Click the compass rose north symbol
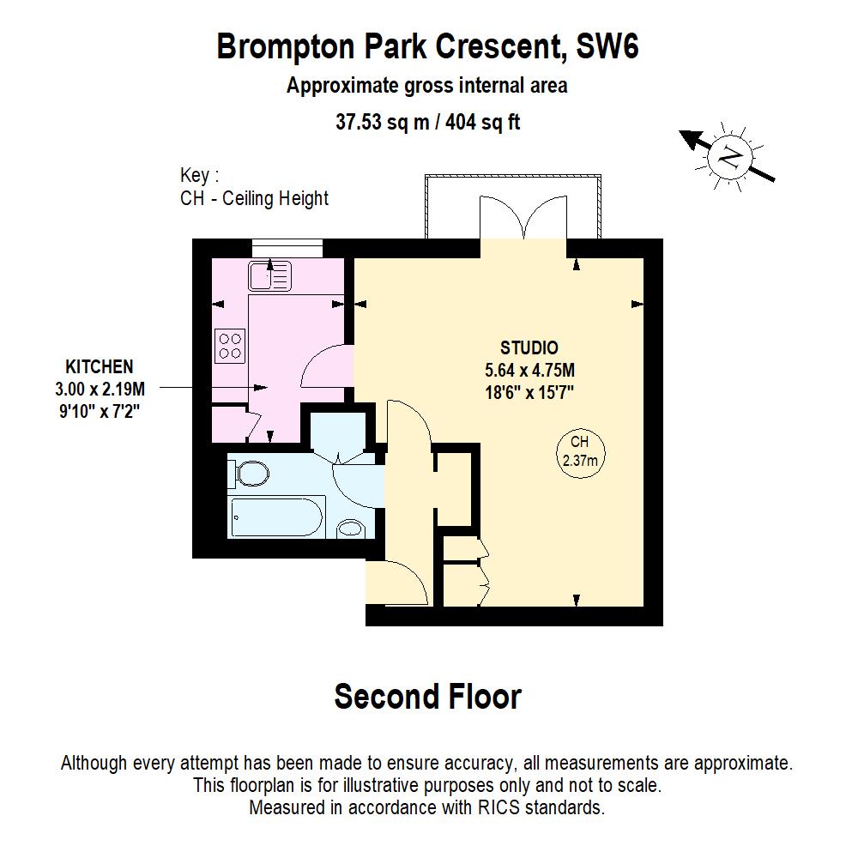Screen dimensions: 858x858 730,157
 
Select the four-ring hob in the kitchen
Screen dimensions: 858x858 230,345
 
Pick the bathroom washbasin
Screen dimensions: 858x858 350,529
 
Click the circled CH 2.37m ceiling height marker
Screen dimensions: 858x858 578,451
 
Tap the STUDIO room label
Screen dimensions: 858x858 529,347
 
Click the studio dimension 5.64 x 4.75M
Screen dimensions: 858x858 529,371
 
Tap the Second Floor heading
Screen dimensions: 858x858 427,696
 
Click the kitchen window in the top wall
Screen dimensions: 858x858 287,247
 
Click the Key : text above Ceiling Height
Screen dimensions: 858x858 199,176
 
